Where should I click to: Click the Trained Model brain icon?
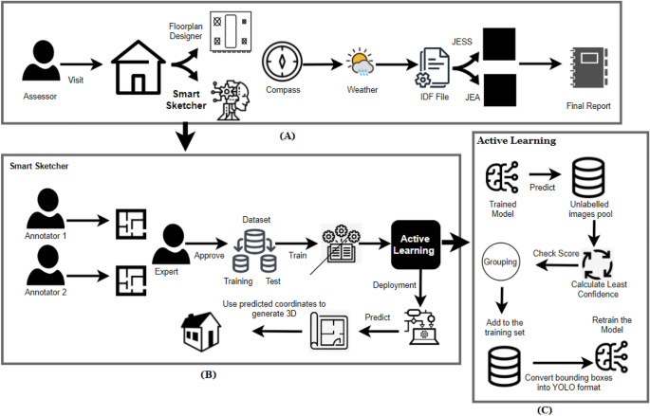pos(505,176)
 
